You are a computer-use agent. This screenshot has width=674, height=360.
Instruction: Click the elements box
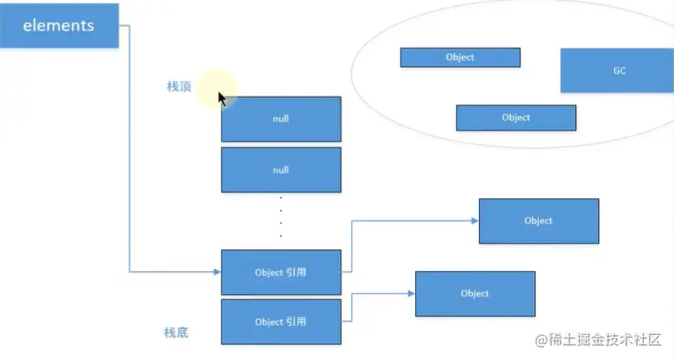tap(58, 25)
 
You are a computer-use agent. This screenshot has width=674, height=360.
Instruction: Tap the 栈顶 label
tap(179, 87)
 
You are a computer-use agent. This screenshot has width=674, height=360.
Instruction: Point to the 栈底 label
tap(176, 332)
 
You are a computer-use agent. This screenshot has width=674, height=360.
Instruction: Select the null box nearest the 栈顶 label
tap(281, 119)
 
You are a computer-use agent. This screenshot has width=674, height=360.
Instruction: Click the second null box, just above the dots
tap(281, 170)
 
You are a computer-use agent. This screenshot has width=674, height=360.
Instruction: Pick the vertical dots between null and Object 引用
tap(281, 217)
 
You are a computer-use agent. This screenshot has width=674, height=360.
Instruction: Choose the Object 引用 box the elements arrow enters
tap(281, 272)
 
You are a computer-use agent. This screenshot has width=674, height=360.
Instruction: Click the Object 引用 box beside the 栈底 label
tap(281, 321)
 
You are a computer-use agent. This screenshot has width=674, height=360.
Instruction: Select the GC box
tap(619, 70)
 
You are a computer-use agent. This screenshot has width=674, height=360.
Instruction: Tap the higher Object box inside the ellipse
tap(460, 57)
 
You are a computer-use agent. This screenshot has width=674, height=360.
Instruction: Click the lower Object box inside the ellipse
tap(515, 117)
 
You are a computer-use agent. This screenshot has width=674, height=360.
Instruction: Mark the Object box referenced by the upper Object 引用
tap(538, 221)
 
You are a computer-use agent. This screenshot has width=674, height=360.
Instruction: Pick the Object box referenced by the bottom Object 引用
tap(475, 293)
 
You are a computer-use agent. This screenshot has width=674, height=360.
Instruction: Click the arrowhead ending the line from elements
tap(217, 272)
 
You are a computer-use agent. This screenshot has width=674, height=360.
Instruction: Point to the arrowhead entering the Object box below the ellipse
tap(475, 220)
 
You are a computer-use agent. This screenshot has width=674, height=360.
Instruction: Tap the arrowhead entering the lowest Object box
tap(411, 293)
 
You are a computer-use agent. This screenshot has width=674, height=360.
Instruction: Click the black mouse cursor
tap(223, 99)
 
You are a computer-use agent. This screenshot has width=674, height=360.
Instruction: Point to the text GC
tap(619, 70)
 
